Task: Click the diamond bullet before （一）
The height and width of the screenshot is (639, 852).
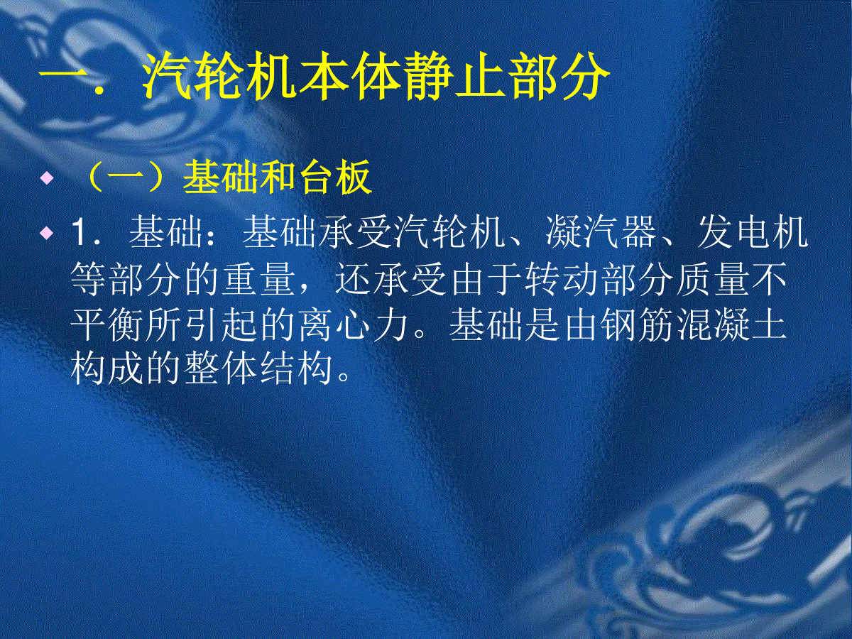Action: coord(47,179)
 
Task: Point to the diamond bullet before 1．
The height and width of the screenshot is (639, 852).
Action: coord(47,233)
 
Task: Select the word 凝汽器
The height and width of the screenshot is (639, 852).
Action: coord(601,233)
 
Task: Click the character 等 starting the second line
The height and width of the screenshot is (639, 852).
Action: coord(88,279)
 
